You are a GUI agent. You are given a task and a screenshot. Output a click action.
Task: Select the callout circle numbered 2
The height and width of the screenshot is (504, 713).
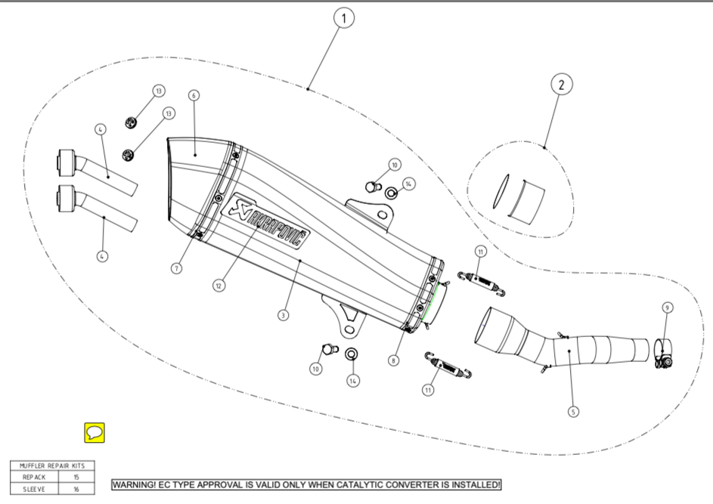pyautogui.click(x=561, y=85)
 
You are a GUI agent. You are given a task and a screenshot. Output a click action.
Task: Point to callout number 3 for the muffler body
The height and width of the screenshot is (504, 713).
pyautogui.click(x=283, y=314)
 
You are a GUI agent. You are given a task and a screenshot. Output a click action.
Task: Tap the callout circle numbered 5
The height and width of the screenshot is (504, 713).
pyautogui.click(x=573, y=412)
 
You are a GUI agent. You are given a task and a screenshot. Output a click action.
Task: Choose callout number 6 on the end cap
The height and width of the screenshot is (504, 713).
pyautogui.click(x=194, y=95)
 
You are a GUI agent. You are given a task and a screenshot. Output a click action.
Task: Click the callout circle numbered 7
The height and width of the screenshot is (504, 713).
pyautogui.click(x=176, y=268)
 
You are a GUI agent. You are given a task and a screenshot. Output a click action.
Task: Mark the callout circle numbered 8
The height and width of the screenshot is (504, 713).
pyautogui.click(x=393, y=360)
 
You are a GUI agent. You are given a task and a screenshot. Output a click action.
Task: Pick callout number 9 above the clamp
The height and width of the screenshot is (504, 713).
pyautogui.click(x=667, y=308)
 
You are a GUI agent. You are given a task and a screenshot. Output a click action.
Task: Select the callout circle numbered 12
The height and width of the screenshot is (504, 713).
pyautogui.click(x=219, y=286)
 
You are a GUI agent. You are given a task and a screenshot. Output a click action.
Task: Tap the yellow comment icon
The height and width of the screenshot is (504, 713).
pyautogui.click(x=94, y=433)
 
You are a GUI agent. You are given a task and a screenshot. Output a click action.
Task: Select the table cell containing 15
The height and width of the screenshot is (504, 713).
pyautogui.click(x=76, y=478)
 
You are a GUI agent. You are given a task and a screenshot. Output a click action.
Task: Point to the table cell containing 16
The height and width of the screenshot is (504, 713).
pyautogui.click(x=76, y=489)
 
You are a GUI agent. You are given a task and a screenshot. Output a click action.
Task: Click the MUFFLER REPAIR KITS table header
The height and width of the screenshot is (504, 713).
pyautogui.click(x=52, y=466)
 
